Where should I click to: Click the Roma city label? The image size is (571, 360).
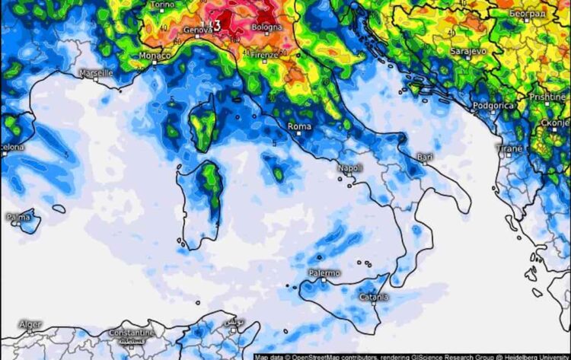pyautogui.click(x=299, y=127)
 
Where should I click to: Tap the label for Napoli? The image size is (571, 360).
pyautogui.click(x=350, y=167)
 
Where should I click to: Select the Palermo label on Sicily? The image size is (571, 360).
pyautogui.click(x=324, y=272)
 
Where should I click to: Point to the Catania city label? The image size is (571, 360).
pyautogui.click(x=374, y=297)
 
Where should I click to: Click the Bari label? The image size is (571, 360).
pyautogui.click(x=425, y=158)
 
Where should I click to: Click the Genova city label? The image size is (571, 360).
pyautogui.click(x=198, y=30)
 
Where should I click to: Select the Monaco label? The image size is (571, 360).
pyautogui.click(x=155, y=56)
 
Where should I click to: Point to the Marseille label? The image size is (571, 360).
pyautogui.click(x=96, y=73)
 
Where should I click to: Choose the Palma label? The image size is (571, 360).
pyautogui.click(x=18, y=217)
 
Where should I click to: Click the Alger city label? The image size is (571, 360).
pyautogui.click(x=30, y=324)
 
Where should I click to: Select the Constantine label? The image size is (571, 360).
pyautogui.click(x=132, y=333)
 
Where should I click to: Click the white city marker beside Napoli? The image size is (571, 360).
pyautogui.click(x=347, y=175)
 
